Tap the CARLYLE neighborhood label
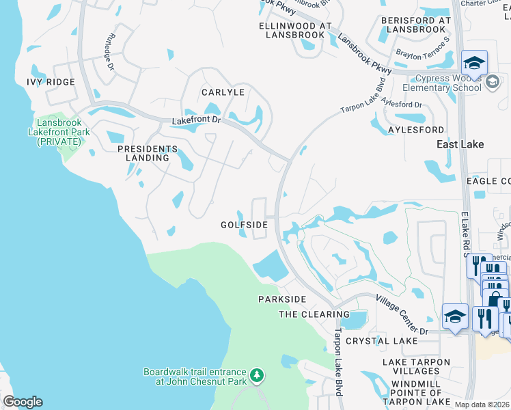click(x=223, y=92)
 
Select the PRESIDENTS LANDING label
click(x=148, y=153)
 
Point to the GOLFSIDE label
click(x=243, y=224)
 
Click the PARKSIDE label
click(x=282, y=299)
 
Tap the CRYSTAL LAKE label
click(x=381, y=340)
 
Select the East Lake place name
click(x=460, y=144)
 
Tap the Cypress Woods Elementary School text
click(x=441, y=83)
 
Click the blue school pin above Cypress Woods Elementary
click(x=474, y=64)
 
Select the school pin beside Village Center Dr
click(x=455, y=316)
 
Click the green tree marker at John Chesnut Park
click(x=257, y=375)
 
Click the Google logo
click(x=23, y=402)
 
